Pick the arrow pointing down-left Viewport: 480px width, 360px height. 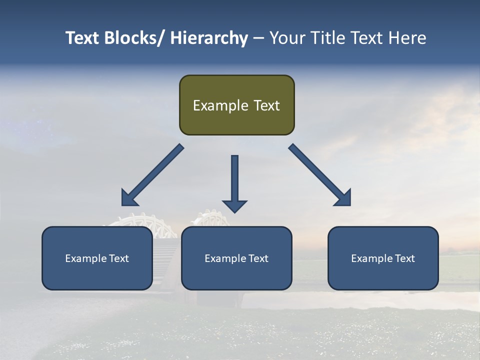pos(152,175)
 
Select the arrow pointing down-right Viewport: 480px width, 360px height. pos(320,175)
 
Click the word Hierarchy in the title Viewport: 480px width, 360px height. pos(208,38)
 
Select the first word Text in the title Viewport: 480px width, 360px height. pos(82,38)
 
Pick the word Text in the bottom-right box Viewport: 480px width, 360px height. pos(405,258)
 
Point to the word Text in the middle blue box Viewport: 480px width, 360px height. pos(258,258)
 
